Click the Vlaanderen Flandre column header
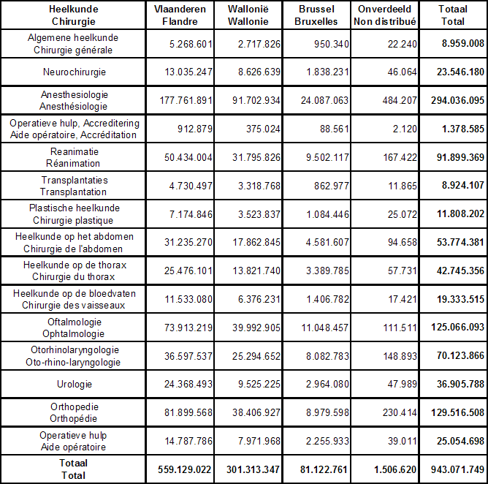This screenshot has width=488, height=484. (180, 15)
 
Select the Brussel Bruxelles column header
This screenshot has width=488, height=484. (316, 15)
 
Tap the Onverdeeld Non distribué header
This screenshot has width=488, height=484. (385, 15)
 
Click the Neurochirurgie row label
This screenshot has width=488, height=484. (75, 72)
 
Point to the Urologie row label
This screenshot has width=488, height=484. (75, 384)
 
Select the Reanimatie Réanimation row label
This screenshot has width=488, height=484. (74, 157)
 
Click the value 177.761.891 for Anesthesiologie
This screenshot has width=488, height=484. (186, 101)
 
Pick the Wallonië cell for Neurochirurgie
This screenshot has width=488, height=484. (259, 72)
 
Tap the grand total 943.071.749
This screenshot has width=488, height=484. (457, 469)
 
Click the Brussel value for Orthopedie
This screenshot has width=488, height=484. (327, 412)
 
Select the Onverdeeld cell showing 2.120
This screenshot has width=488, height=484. (405, 129)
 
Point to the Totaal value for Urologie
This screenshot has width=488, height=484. (460, 384)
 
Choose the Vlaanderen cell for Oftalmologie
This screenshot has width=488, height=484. (188, 328)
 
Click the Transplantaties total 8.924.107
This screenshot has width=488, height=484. (463, 185)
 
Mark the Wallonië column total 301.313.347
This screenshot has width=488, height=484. (253, 469)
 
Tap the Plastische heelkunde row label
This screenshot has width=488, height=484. (74, 214)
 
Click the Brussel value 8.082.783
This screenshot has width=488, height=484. (327, 356)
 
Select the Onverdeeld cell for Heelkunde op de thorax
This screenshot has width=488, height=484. (402, 271)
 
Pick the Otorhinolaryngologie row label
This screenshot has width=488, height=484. (74, 356)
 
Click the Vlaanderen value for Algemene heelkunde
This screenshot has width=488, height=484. (191, 44)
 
